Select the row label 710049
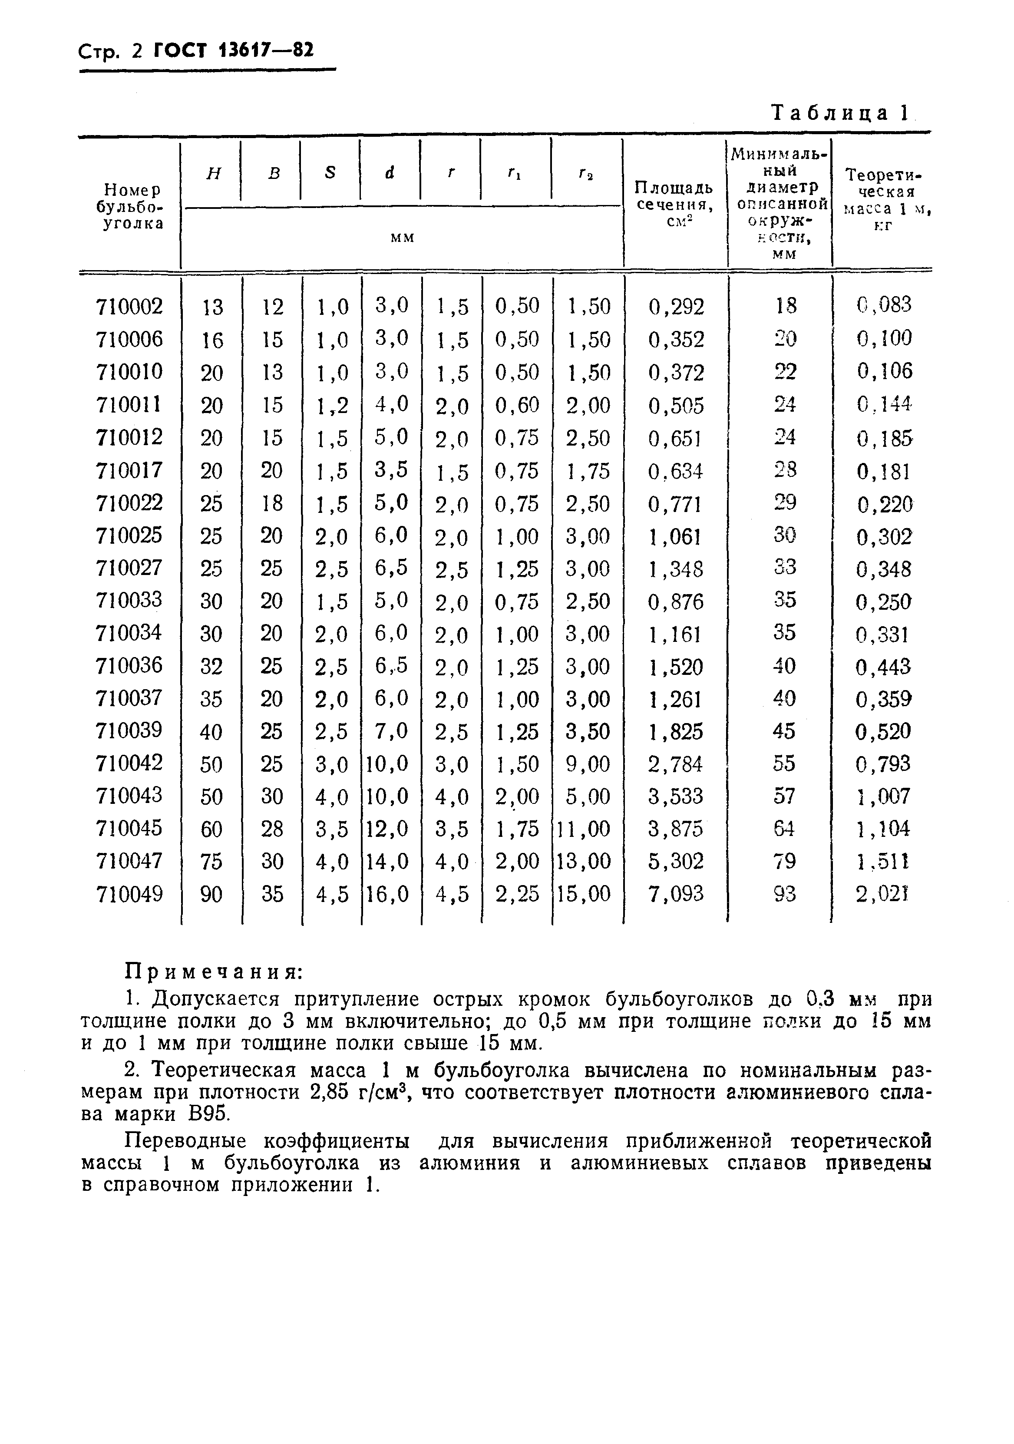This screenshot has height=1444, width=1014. click(129, 894)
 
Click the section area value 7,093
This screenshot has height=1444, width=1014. click(676, 894)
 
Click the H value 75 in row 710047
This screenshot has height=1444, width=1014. click(211, 861)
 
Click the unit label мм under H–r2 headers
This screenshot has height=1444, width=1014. click(403, 238)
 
